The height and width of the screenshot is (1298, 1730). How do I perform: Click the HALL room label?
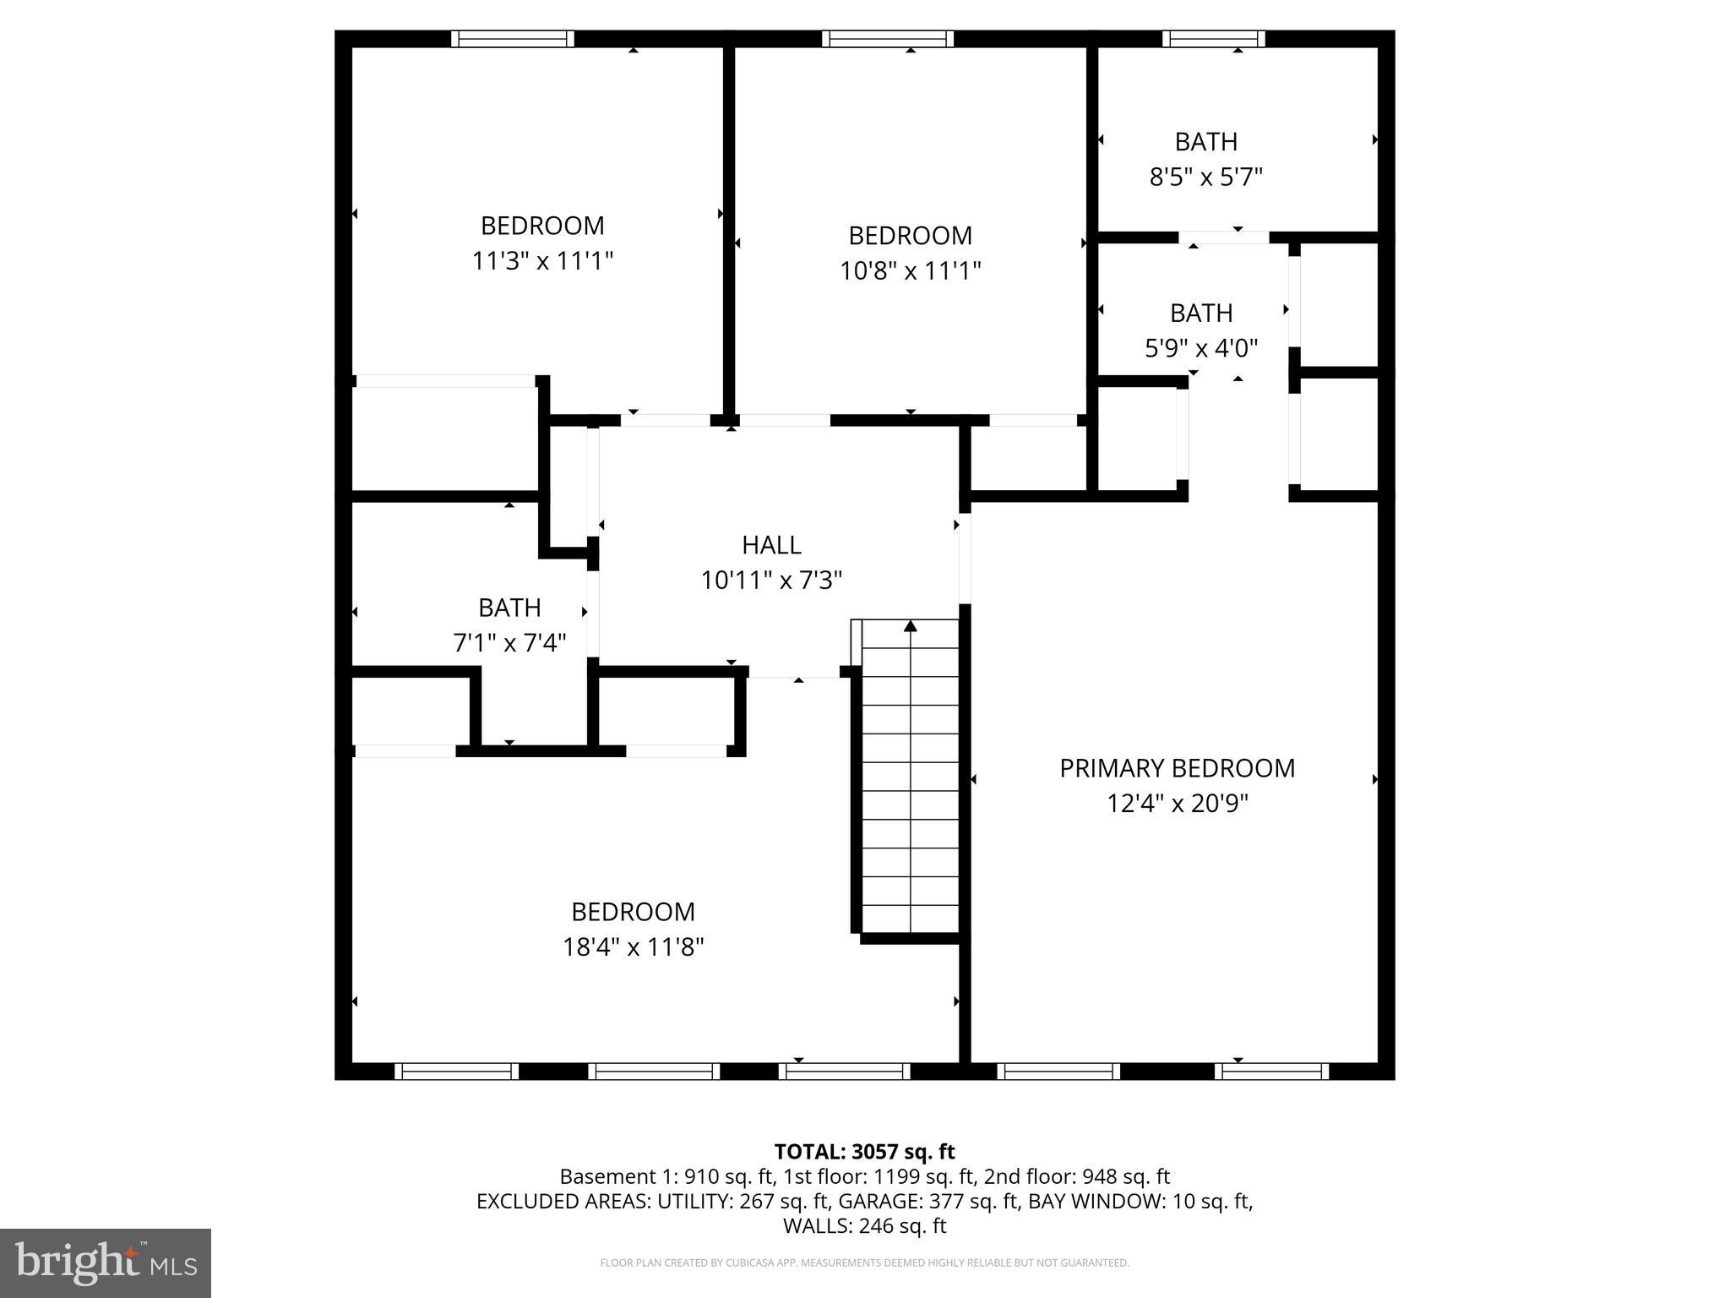click(x=771, y=545)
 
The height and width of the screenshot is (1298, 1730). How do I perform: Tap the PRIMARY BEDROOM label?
click(x=1177, y=768)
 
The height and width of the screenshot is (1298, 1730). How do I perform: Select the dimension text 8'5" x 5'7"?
click(x=1205, y=177)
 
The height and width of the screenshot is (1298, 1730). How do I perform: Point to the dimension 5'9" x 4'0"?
click(x=1200, y=348)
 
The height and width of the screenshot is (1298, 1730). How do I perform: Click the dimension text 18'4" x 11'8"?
click(x=633, y=947)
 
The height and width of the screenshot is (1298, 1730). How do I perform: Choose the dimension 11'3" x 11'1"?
click(x=541, y=261)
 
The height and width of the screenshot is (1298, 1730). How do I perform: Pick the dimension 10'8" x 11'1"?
click(x=910, y=271)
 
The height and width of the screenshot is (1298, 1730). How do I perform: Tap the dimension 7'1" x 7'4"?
click(x=509, y=644)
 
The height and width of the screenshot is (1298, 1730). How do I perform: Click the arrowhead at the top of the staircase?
click(x=911, y=626)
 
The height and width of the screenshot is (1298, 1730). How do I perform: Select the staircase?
click(x=910, y=777)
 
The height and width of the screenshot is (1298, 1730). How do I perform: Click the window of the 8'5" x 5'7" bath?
click(x=1213, y=39)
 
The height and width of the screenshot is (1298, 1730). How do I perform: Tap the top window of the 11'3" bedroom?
click(x=512, y=39)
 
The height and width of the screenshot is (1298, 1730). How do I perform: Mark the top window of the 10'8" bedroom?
click(x=887, y=39)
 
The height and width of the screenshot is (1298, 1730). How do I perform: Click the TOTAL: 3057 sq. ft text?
click(x=864, y=1152)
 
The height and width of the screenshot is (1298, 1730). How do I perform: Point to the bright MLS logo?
click(x=106, y=1263)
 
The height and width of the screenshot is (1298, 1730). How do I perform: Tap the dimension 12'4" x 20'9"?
click(x=1177, y=804)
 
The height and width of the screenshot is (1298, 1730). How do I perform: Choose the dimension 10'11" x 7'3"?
click(x=771, y=581)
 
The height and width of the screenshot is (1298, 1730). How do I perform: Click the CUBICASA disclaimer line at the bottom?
click(x=864, y=1263)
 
